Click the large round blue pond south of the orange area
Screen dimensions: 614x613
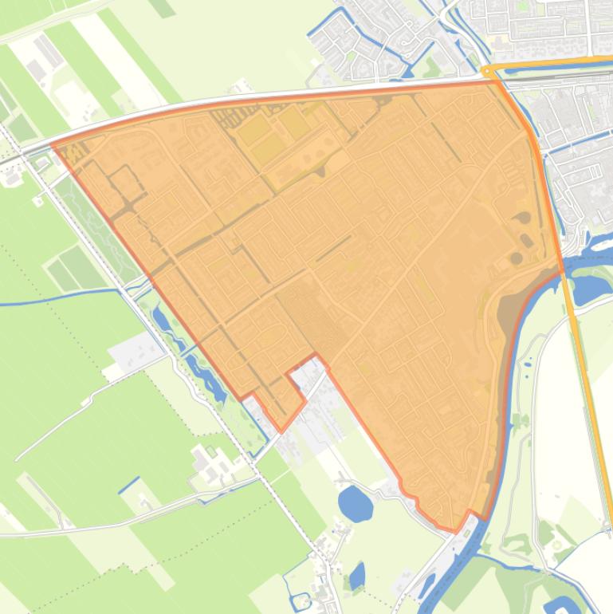click(x=356, y=503)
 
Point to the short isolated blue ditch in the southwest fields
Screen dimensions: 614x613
click(x=129, y=484)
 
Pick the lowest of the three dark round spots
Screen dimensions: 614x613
click(x=515, y=258)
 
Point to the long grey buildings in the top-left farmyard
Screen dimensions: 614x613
click(x=46, y=53)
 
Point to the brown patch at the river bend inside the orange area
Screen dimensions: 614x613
click(x=508, y=311)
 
